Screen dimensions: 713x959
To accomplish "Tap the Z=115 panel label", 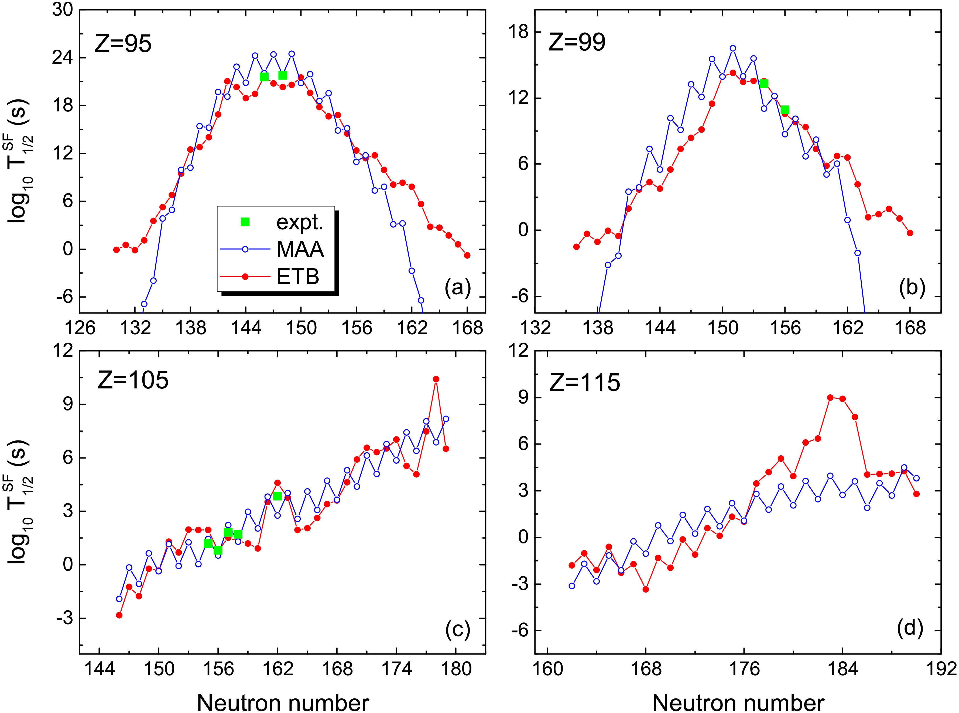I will (x=585, y=382).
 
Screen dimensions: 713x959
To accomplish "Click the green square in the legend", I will (x=245, y=222).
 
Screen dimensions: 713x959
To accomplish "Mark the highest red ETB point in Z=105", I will (x=436, y=379).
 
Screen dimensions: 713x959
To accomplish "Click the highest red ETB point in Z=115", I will (x=830, y=398).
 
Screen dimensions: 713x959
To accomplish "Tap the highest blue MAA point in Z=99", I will (x=733, y=48).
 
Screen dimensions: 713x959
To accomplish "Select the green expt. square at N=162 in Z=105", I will (x=277, y=496).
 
